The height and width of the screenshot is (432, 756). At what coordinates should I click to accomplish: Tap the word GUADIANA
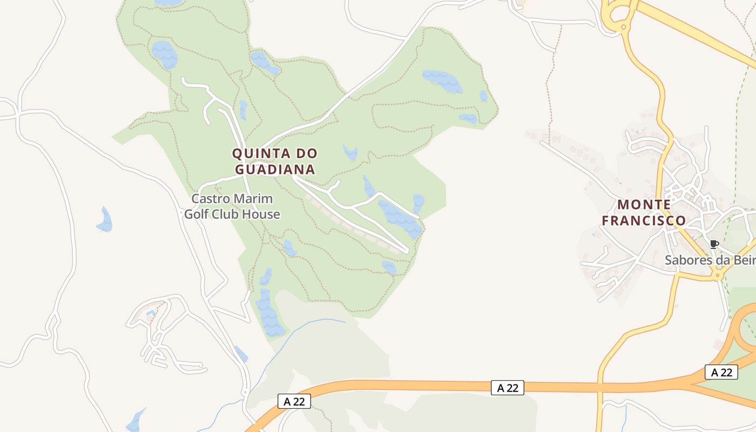coord(275,170)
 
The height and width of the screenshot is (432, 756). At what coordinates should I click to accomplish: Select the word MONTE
coord(644,205)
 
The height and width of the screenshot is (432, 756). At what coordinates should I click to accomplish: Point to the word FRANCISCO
coord(644,221)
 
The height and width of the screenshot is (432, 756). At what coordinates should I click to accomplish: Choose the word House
coord(261,214)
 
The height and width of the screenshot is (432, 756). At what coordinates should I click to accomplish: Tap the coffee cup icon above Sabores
coord(714,244)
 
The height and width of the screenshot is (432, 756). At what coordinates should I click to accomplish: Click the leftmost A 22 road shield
coord(294,401)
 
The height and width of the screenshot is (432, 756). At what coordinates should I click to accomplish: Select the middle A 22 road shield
coord(508,388)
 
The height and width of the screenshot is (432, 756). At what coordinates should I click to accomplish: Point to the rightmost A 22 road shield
coord(721,372)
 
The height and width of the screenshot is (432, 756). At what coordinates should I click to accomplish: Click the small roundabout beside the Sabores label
coord(718,275)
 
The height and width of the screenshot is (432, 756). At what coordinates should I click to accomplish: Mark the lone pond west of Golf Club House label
coord(105,220)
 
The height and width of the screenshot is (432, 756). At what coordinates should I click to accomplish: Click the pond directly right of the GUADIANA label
coord(350,153)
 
